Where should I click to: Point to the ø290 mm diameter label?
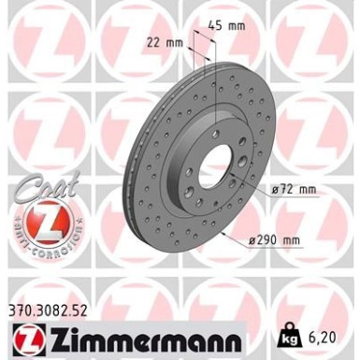275,240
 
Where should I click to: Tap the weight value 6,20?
323,338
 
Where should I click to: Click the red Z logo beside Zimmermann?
30,338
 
